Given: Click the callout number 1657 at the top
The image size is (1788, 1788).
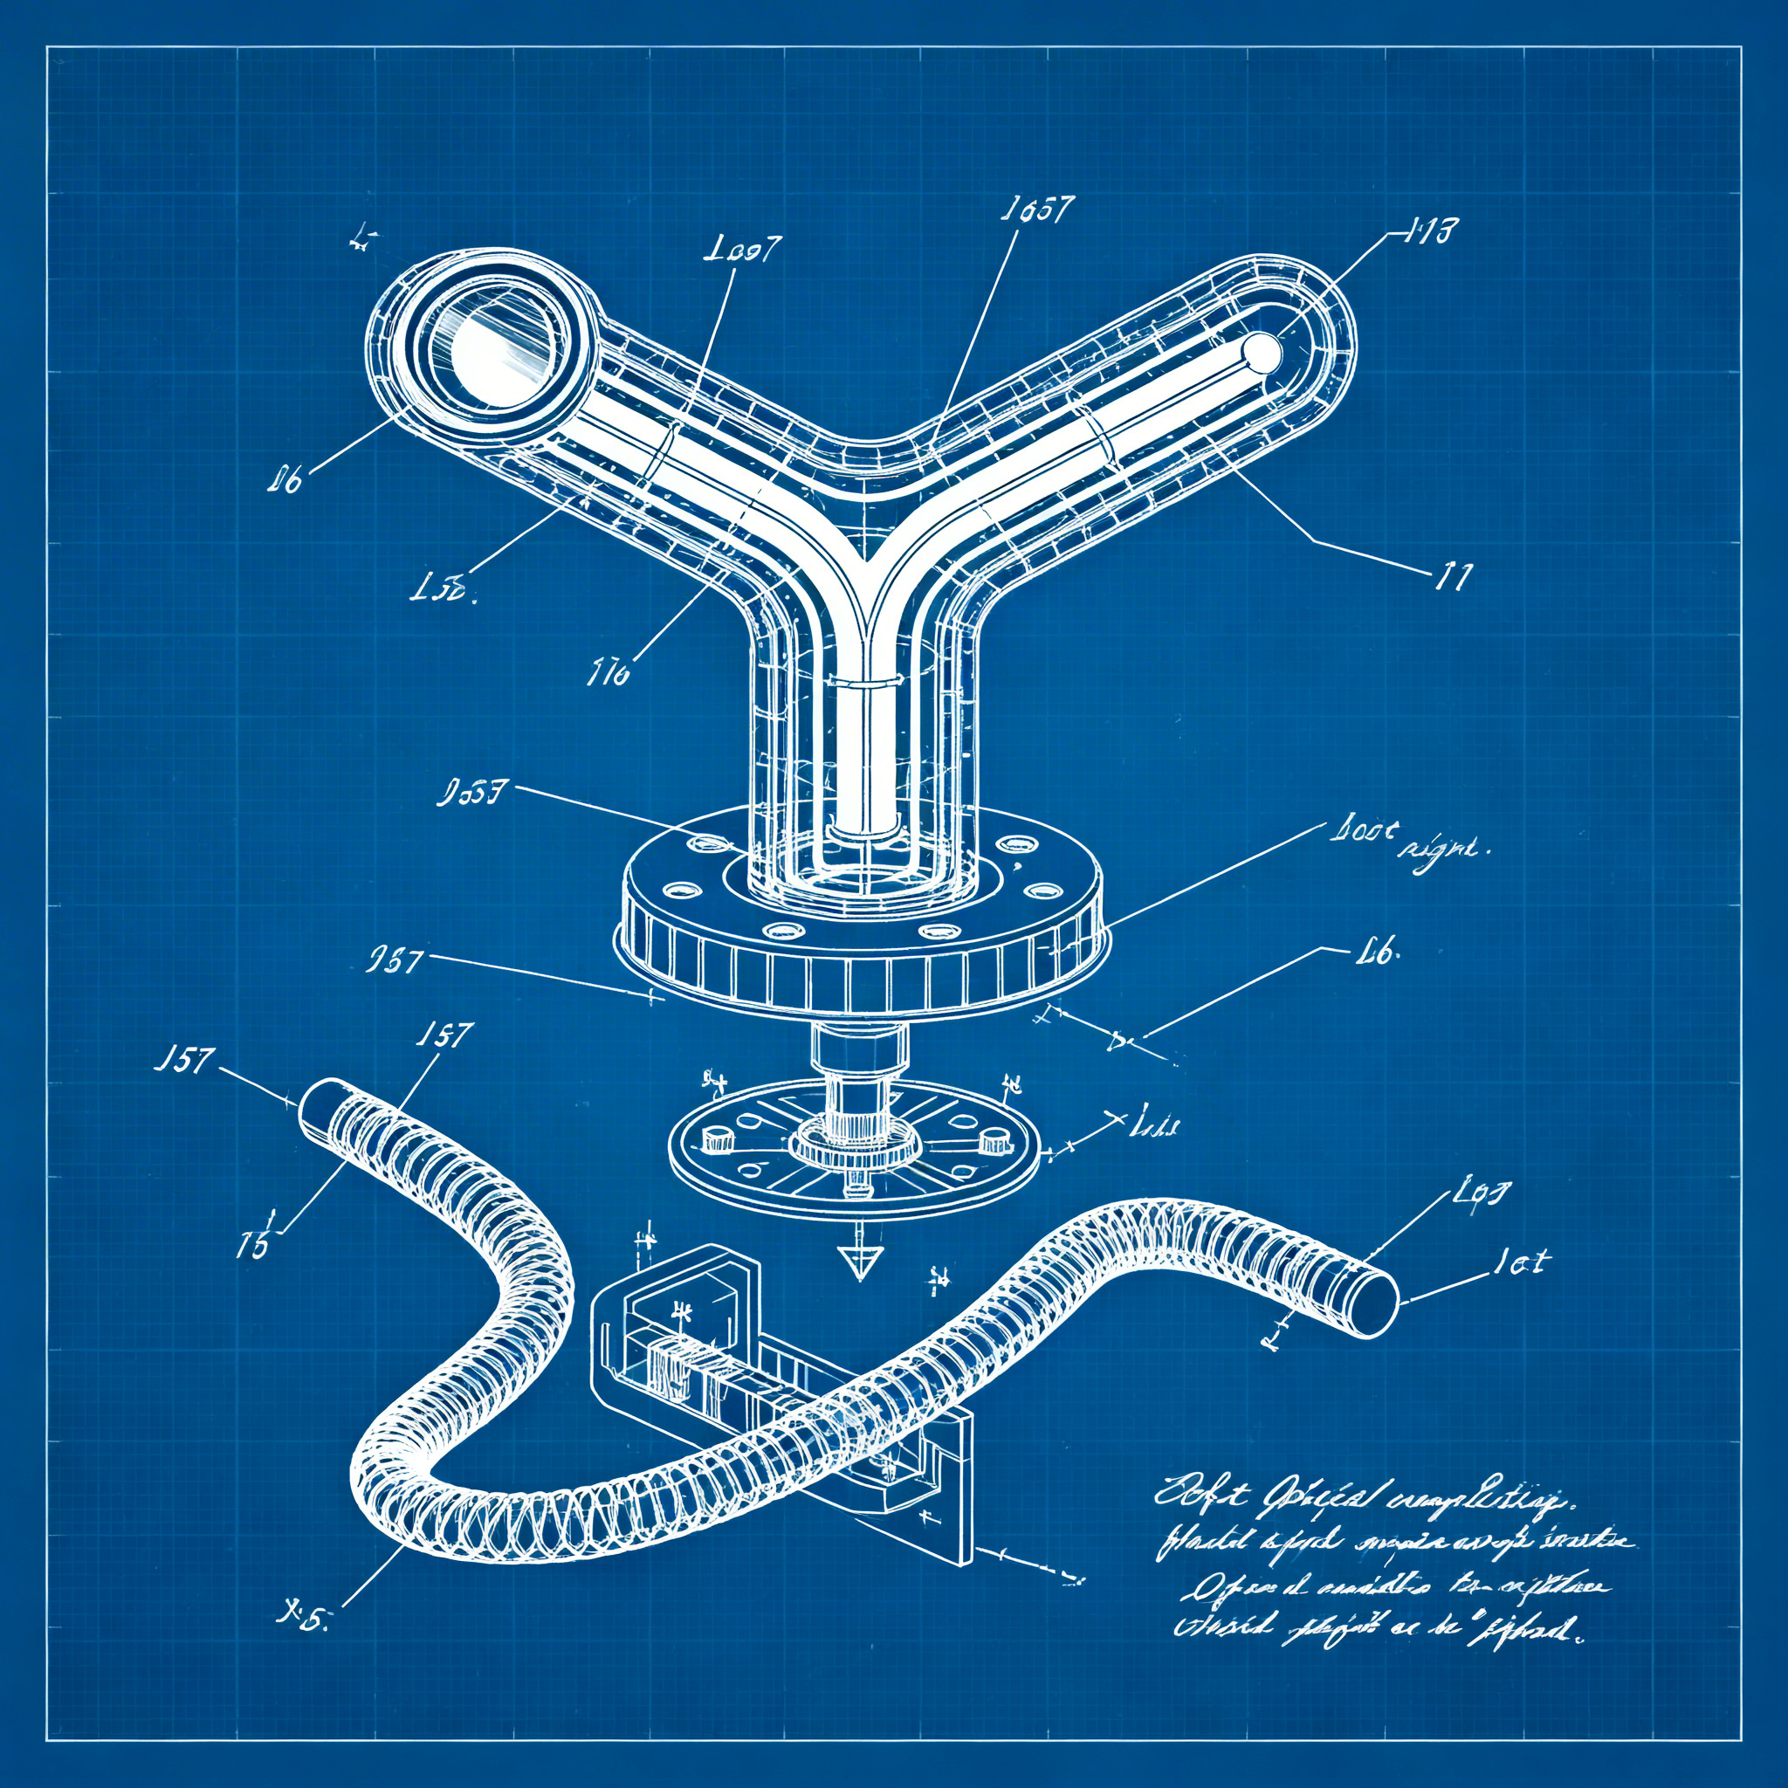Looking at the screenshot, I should (x=1036, y=211).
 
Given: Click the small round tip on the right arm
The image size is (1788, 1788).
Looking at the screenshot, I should (x=1262, y=353).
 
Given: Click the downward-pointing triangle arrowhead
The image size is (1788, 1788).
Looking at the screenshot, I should (x=859, y=1262).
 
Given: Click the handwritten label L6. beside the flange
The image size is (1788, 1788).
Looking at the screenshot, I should (x=1377, y=952).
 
